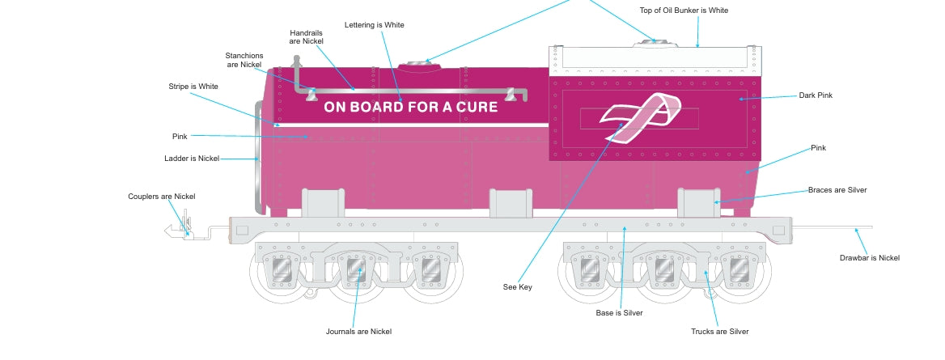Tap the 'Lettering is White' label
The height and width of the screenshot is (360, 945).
(x=374, y=25)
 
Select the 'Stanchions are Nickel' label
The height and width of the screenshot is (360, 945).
(x=244, y=59)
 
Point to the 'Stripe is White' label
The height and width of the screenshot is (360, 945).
(x=193, y=87)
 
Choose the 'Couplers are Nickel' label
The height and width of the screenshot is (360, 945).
(x=162, y=197)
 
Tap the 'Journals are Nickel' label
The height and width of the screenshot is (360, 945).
(x=358, y=332)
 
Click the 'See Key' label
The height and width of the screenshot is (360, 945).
(x=518, y=287)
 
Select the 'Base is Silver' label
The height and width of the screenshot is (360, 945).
(x=619, y=313)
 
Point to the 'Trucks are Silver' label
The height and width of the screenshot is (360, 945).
(x=719, y=332)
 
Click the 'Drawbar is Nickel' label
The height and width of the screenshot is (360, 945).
(x=869, y=258)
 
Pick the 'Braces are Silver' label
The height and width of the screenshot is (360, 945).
(x=837, y=190)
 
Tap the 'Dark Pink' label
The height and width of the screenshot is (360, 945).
(x=816, y=95)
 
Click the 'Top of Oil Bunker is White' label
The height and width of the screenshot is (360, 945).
(x=684, y=11)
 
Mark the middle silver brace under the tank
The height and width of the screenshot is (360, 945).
(x=511, y=203)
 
